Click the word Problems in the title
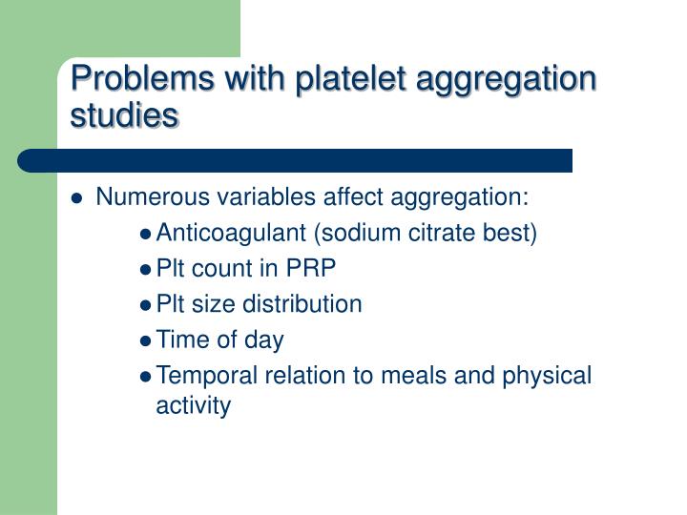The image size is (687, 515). pos(129,79)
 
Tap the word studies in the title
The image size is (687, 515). pos(124,115)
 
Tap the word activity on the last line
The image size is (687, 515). pos(193,406)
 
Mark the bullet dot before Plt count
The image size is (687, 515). pos(145,270)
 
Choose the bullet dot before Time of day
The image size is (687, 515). pos(145,340)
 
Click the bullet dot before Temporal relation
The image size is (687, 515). pos(145,376)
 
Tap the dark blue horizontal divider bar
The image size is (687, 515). pos(286,159)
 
